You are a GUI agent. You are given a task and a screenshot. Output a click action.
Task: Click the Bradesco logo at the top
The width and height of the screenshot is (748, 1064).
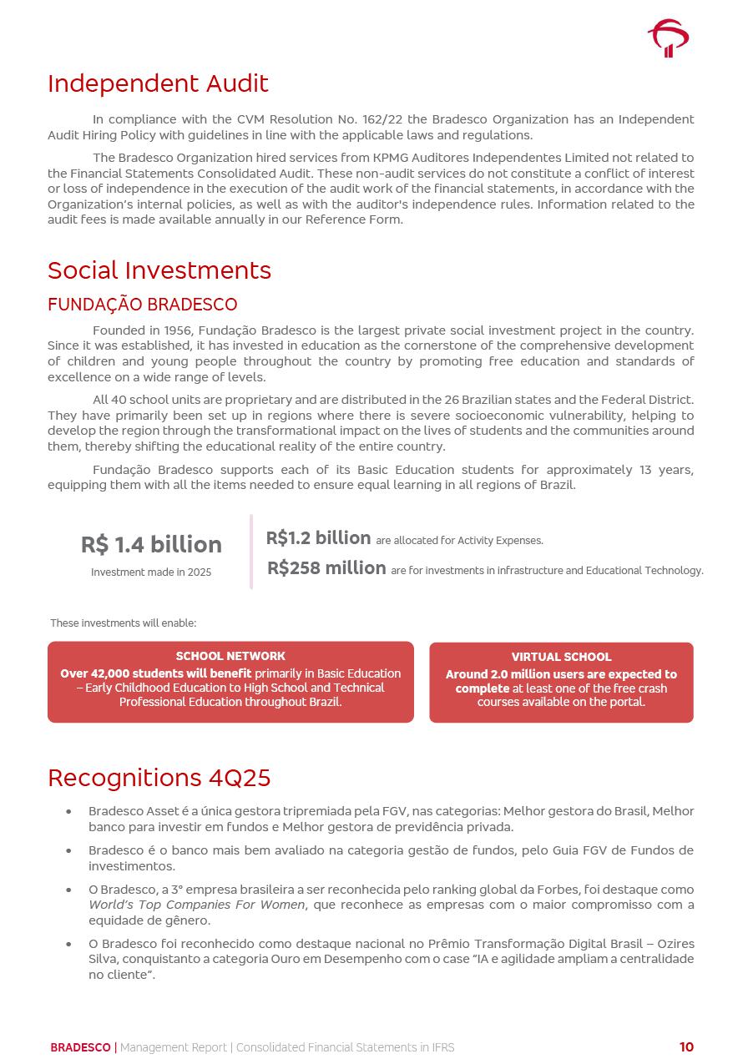point(668,38)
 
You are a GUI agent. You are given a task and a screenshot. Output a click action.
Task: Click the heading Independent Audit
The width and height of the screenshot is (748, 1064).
point(158,83)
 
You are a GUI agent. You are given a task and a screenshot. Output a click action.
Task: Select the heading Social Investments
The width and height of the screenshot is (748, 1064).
point(159,270)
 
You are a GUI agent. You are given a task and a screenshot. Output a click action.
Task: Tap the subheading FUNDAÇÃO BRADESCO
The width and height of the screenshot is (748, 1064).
point(142,305)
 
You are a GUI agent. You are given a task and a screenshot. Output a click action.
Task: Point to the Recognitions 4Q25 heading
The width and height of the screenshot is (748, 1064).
point(159,778)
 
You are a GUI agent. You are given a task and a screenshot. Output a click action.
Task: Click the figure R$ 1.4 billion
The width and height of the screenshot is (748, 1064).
point(151,545)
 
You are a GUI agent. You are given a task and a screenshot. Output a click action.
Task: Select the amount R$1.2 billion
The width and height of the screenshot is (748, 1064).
point(318,538)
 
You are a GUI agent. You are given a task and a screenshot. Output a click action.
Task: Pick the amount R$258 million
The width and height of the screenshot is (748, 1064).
point(326,568)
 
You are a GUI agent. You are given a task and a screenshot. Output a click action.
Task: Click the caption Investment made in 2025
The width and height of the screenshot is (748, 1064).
point(151,572)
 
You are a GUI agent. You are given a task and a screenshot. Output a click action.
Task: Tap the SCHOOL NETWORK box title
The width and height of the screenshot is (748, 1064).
point(230,656)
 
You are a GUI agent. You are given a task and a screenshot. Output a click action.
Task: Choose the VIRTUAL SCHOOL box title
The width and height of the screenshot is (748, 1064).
point(561,657)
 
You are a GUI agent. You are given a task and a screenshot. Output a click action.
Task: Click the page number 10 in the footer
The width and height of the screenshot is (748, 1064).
point(686,1047)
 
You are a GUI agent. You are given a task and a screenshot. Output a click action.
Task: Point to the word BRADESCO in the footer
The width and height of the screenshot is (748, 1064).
point(80,1047)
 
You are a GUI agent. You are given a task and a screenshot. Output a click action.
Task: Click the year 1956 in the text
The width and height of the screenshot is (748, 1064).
point(178,330)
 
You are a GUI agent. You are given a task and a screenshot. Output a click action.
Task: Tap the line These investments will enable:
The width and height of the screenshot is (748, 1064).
point(124,623)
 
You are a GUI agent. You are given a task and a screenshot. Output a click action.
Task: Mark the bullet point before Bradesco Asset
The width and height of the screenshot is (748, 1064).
point(68,812)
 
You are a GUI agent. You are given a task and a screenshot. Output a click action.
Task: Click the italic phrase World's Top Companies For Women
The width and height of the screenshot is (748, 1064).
point(196,905)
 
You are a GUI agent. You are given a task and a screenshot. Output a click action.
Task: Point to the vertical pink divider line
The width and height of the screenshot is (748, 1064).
point(251,552)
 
